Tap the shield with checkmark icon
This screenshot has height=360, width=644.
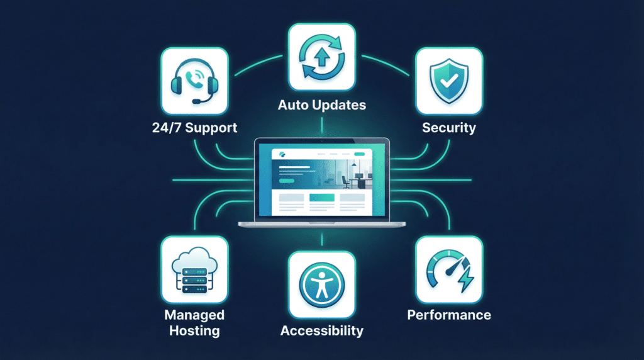click(449, 81)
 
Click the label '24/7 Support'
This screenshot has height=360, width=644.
click(194, 128)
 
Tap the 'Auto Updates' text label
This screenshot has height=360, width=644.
click(321, 105)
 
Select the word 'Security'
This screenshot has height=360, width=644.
click(449, 128)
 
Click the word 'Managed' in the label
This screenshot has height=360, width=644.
click(194, 315)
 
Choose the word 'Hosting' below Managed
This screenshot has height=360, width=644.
click(194, 330)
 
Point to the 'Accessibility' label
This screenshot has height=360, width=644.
click(321, 330)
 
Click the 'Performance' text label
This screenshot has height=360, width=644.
click(448, 315)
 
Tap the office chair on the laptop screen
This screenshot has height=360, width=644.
click(345, 181)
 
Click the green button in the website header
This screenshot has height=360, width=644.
click(360, 154)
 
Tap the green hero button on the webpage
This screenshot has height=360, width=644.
click(286, 180)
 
